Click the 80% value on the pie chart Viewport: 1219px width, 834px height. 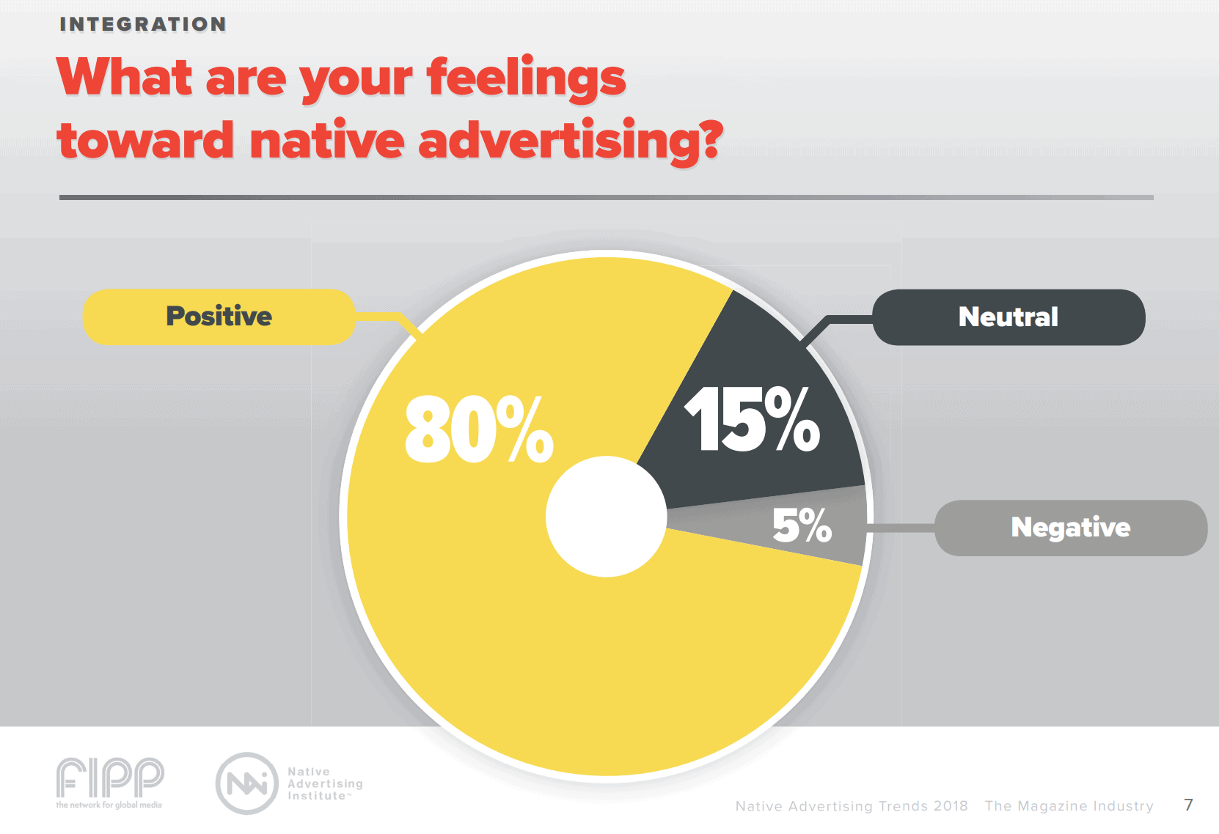479,429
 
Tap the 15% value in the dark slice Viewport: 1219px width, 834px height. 752,419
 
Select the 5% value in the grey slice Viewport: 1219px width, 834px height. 802,525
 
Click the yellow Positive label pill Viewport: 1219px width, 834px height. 219,317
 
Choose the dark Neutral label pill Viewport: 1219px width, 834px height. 1008,317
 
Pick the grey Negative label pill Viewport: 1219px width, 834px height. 1070,528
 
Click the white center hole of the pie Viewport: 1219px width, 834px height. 607,517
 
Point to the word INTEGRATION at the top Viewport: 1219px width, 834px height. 142,24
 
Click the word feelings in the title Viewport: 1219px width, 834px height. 526,79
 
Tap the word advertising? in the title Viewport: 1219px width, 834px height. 571,141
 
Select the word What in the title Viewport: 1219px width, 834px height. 125,77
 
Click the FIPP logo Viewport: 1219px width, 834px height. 109,778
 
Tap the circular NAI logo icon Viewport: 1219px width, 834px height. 246,783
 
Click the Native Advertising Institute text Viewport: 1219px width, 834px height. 325,783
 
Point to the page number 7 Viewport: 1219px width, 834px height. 1188,805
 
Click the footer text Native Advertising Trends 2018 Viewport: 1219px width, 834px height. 852,805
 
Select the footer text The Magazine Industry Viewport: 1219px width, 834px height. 1069,805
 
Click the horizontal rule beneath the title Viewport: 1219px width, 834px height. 607,197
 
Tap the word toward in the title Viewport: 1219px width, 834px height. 145,140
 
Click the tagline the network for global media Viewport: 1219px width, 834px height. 109,805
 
